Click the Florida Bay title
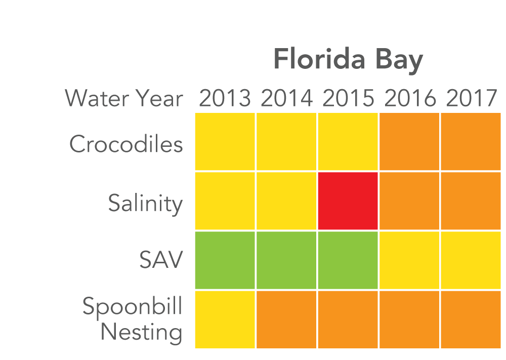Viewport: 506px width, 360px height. point(348,61)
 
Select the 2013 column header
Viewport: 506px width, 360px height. point(225,98)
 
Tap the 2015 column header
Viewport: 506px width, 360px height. point(348,98)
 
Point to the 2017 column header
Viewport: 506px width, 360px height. point(472,98)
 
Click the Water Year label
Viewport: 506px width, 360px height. point(123,98)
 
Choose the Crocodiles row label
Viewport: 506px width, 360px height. point(126,144)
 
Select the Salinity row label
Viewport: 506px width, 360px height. point(145,203)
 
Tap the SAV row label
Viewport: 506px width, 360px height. point(160,261)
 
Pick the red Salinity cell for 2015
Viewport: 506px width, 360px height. point(348,201)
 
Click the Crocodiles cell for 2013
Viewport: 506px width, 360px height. point(225,142)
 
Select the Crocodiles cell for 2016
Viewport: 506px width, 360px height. point(410,142)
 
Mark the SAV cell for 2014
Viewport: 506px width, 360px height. point(286,260)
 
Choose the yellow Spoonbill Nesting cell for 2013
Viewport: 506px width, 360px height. point(225,319)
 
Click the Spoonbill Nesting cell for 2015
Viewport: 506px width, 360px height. point(348,319)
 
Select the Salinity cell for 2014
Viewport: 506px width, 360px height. point(286,201)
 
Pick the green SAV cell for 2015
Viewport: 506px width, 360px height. point(348,260)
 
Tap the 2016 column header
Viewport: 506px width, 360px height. point(410,98)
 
